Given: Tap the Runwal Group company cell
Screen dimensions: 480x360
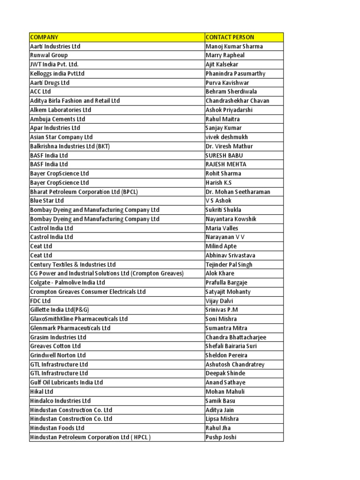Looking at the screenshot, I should point(49,55).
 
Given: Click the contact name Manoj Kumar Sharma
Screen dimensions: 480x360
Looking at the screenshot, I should point(234,46).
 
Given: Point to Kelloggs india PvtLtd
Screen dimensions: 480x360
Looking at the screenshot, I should point(57,74).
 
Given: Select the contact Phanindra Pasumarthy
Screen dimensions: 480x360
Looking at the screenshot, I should point(235,74).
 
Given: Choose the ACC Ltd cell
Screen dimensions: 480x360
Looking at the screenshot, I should point(40,91).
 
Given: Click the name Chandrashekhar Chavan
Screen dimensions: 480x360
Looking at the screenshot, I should point(237,101).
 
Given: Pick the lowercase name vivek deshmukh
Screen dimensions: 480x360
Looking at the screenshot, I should point(227,137).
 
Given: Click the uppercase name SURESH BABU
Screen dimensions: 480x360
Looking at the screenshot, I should point(224,155).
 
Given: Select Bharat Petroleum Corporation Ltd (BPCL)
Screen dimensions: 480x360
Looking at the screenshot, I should point(84,192).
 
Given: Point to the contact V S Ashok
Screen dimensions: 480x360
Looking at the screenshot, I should point(218,201).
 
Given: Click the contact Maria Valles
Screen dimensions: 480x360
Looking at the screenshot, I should point(222,228).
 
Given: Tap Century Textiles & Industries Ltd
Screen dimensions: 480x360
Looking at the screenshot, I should point(73,265).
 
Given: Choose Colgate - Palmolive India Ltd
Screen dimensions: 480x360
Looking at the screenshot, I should point(67,283).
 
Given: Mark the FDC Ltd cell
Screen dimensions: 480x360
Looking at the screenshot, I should point(40,301).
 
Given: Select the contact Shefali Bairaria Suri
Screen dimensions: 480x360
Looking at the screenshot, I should point(231,346).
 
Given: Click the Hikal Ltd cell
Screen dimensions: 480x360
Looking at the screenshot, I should point(42,392).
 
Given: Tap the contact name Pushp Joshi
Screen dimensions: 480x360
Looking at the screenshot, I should point(221,437).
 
